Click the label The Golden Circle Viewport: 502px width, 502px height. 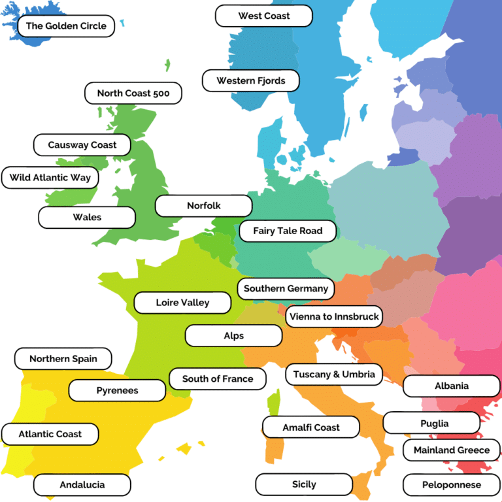[66, 26]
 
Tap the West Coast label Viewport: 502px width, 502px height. [263, 16]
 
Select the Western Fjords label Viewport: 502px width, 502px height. [251, 81]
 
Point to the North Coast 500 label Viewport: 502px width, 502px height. [133, 93]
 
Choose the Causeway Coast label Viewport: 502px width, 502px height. [82, 145]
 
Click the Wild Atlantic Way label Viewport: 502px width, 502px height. [50, 177]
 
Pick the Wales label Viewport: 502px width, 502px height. [87, 217]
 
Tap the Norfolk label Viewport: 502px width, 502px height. [203, 205]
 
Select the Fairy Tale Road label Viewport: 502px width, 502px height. [288, 231]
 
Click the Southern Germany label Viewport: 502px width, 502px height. [286, 288]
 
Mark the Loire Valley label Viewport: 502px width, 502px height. [182, 303]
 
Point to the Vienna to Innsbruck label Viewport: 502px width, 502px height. [333, 317]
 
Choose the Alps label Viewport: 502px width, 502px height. [233, 336]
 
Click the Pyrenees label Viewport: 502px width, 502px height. [117, 390]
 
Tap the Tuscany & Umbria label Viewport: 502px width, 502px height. [334, 375]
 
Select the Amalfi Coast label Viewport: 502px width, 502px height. [311, 427]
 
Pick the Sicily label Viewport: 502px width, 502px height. [304, 484]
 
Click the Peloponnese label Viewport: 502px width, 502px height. [451, 485]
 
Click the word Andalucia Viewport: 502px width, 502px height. [82, 485]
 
